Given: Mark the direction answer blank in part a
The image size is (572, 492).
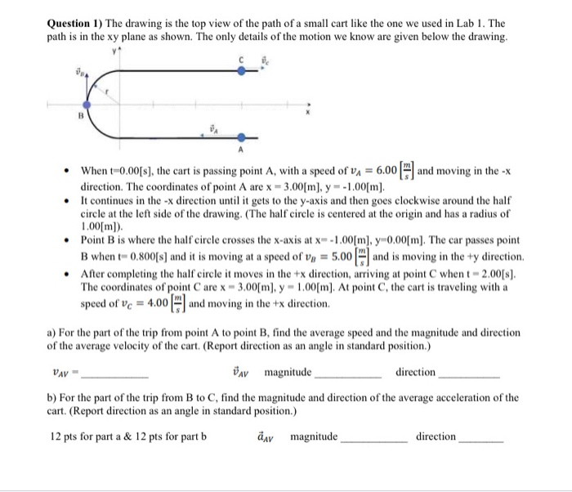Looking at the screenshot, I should coord(469,377).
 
